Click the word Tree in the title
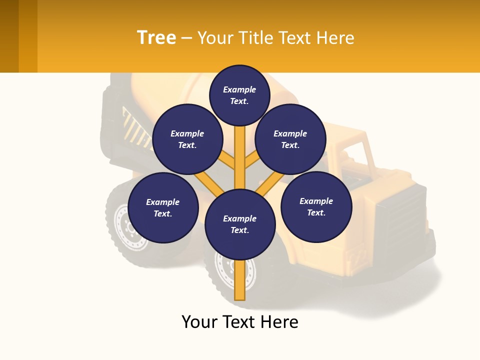point(156,37)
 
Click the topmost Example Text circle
point(239,95)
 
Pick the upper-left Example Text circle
point(187,139)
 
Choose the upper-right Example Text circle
point(290,139)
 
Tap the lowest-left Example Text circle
point(162,207)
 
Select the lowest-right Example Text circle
point(316,206)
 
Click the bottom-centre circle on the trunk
point(239,224)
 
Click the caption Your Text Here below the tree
point(239,322)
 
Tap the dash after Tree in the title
point(187,38)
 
